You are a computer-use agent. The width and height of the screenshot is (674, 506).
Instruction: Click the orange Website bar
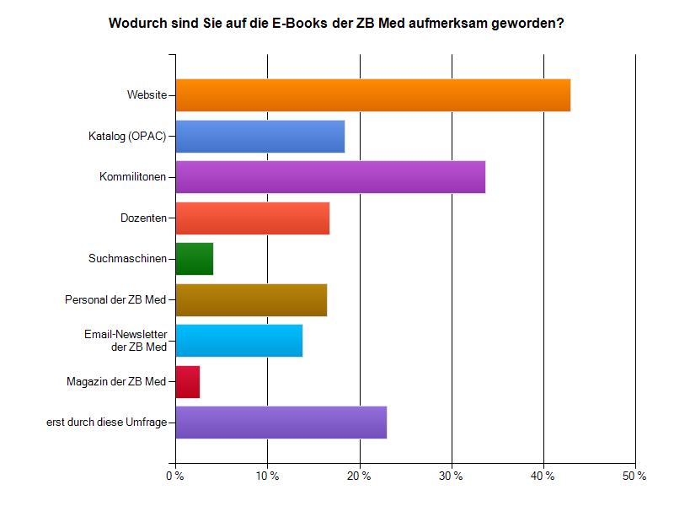[x=372, y=94]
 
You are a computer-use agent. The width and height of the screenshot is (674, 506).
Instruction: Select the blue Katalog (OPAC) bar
[x=259, y=136]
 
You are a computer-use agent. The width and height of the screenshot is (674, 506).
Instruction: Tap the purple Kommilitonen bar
[x=330, y=176]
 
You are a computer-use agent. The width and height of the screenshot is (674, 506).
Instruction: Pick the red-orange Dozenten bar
[x=252, y=218]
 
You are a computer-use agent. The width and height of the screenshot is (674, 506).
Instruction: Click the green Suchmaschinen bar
[x=194, y=258]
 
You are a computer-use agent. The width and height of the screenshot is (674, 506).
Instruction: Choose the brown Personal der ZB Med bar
[x=251, y=299]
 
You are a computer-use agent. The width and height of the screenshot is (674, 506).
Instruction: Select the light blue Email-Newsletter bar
[x=238, y=340]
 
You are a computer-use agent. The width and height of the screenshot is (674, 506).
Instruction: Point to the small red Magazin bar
[x=187, y=381]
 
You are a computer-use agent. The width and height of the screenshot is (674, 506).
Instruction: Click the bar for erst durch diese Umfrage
[x=281, y=422]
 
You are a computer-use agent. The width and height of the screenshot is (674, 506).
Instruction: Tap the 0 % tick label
[x=175, y=476]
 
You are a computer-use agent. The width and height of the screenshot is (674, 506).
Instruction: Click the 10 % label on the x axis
[x=267, y=476]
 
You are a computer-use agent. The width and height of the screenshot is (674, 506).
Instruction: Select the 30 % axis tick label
[x=452, y=476]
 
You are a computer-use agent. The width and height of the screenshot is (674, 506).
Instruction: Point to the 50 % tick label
[x=634, y=476]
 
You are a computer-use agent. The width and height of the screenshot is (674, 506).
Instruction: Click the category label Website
[x=147, y=94]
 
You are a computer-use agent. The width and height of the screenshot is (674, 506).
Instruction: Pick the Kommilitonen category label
[x=132, y=176]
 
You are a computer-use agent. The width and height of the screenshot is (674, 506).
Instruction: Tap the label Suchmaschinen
[x=127, y=258]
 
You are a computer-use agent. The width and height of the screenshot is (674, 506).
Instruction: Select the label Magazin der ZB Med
[x=116, y=381]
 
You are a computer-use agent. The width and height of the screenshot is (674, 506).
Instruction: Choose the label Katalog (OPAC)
[x=127, y=136]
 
